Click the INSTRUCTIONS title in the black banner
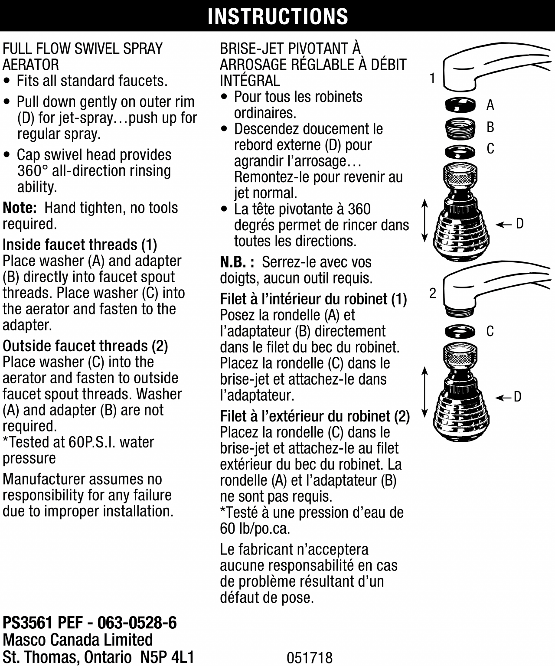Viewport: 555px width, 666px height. (277, 16)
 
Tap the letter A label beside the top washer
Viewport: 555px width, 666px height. (490, 105)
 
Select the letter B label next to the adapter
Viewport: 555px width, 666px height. (490, 127)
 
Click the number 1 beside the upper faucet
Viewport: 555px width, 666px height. (432, 78)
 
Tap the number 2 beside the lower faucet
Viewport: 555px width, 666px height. (432, 294)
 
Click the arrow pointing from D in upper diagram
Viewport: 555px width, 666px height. (503, 224)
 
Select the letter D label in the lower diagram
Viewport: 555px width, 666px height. (517, 397)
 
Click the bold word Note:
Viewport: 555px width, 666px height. (20, 208)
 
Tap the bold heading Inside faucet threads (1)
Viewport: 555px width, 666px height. (80, 245)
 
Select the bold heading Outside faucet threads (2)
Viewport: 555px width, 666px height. (85, 346)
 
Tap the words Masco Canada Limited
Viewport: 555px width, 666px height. (78, 640)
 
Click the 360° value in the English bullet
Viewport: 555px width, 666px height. (33, 171)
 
